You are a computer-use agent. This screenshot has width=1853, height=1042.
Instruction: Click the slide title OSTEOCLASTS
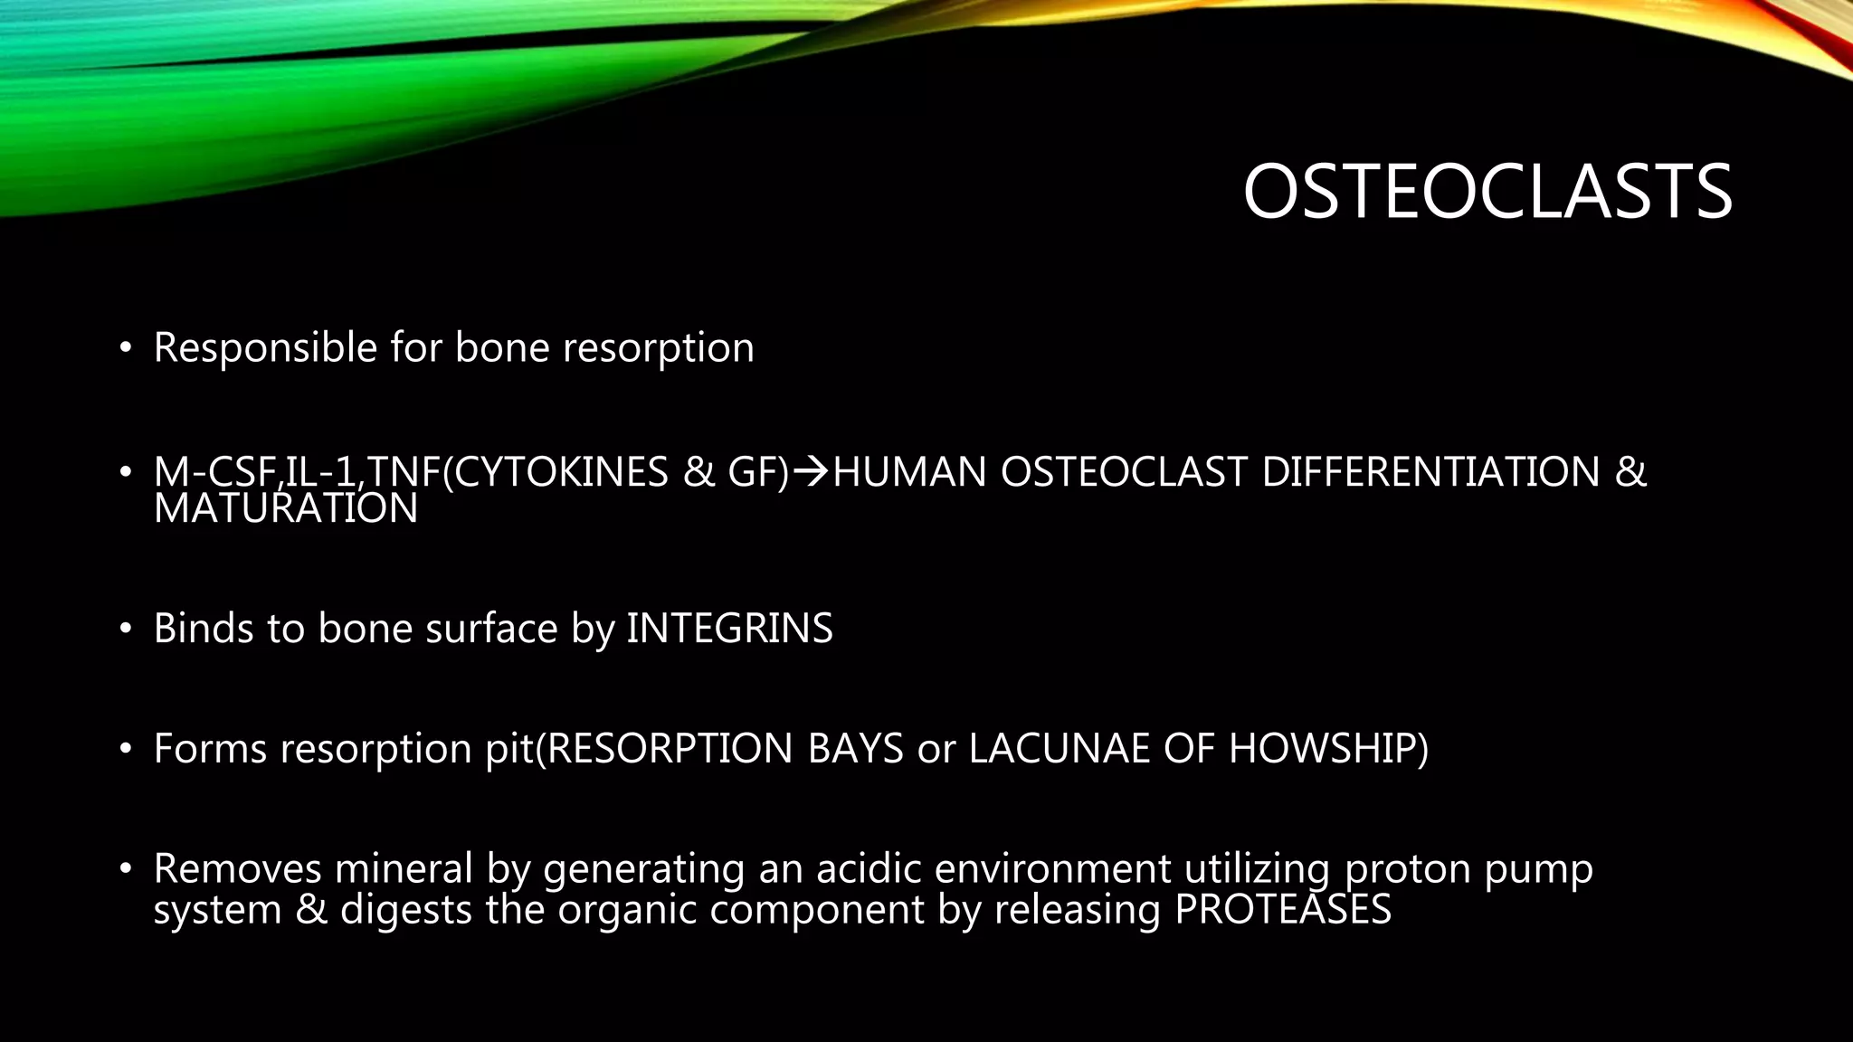1487,192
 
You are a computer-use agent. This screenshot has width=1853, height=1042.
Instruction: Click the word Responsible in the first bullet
265,348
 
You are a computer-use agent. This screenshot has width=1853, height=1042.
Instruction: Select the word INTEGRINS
729,629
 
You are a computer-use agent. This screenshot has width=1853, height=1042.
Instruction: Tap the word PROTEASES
1282,909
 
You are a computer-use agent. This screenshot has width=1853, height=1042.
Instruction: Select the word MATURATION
286,509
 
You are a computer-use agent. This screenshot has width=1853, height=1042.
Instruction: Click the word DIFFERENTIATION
1430,472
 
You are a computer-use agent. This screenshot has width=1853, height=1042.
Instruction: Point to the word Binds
204,629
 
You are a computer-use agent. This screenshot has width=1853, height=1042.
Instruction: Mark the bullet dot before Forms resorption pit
126,749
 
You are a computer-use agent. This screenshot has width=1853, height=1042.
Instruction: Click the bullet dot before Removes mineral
126,869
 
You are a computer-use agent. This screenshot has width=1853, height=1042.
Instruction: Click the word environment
1052,869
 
